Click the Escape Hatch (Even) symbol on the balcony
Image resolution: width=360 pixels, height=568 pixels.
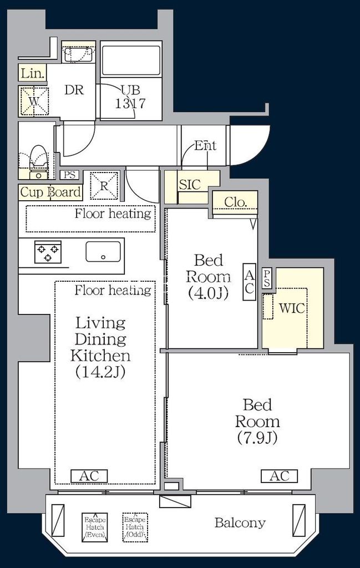coord(94,527)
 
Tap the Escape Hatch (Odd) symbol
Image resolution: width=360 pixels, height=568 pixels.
coord(135,527)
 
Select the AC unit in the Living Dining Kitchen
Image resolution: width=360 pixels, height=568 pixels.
coord(89,476)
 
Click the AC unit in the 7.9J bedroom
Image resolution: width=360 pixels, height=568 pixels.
coord(279,476)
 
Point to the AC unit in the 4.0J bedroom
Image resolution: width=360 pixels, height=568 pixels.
coord(250,281)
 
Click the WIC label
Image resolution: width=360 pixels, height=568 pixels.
coord(292,308)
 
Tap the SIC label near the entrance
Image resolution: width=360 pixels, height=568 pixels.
coord(190,185)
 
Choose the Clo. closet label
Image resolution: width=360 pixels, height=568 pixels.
coord(235,202)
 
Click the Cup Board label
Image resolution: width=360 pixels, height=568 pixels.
coord(50,192)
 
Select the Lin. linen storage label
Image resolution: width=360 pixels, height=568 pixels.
coord(32,73)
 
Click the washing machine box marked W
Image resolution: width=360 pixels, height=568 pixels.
coord(34,101)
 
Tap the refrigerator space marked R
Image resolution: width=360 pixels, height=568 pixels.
coord(104,185)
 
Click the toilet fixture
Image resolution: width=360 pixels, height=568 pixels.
coord(38,163)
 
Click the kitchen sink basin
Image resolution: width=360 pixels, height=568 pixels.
coord(103,251)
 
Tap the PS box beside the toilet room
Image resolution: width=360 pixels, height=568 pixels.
coord(69,175)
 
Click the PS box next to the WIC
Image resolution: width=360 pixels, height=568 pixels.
coord(267,278)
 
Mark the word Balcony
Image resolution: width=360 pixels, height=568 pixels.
coord(240,523)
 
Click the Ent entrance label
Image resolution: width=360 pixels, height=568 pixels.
coord(205,146)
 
